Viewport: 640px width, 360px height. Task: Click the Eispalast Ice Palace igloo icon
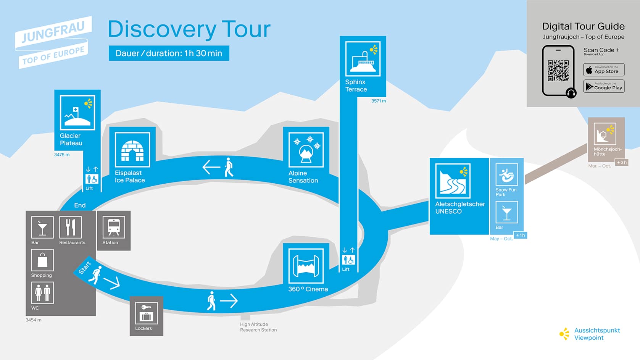(132, 150)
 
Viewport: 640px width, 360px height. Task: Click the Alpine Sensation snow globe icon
(306, 150)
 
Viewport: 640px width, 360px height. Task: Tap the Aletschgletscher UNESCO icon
(453, 181)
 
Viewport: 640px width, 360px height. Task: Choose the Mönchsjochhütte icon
(605, 134)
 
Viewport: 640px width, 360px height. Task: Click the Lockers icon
(146, 313)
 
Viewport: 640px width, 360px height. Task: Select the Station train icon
(114, 228)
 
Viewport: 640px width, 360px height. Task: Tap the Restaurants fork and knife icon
(71, 228)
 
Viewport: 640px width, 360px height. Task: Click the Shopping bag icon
(42, 260)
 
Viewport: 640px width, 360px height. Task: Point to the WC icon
(42, 293)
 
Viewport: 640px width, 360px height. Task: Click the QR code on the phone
(558, 71)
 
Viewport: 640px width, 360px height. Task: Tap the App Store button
(604, 70)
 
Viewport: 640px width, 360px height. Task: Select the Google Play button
(604, 86)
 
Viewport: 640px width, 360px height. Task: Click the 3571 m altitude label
(379, 101)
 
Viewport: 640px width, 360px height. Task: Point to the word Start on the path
(85, 268)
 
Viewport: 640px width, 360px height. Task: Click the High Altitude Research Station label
(258, 327)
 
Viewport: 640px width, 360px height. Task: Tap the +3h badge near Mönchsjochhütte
(622, 162)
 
